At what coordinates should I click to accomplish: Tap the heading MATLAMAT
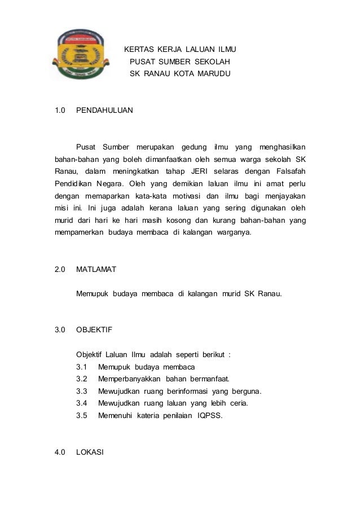[x=96, y=269]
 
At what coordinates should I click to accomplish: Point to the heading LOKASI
[x=90, y=452]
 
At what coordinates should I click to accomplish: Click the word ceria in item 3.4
[x=236, y=403]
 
